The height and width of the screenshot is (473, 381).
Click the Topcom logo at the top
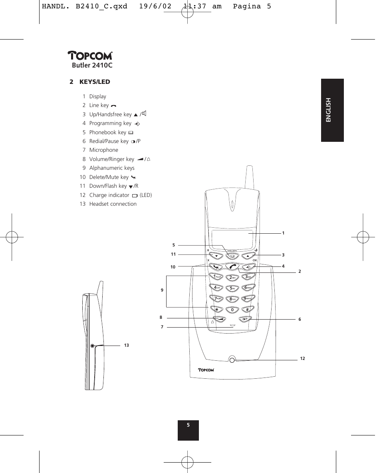tap(90, 57)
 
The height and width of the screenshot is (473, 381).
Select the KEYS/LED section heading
tap(94, 82)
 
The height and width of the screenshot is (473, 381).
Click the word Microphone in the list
tap(103, 150)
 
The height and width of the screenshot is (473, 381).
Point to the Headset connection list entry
tap(113, 204)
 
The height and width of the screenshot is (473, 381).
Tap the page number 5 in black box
tap(188, 425)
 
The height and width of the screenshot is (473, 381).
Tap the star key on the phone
tap(217, 309)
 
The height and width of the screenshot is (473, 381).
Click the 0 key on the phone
tap(232, 310)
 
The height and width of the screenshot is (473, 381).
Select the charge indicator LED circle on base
tap(232, 359)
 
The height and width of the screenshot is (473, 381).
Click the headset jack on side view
tap(92, 346)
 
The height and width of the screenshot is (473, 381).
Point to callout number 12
tap(302, 359)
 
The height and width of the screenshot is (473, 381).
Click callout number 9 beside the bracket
tap(162, 290)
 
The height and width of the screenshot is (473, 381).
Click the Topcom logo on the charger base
tap(206, 370)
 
